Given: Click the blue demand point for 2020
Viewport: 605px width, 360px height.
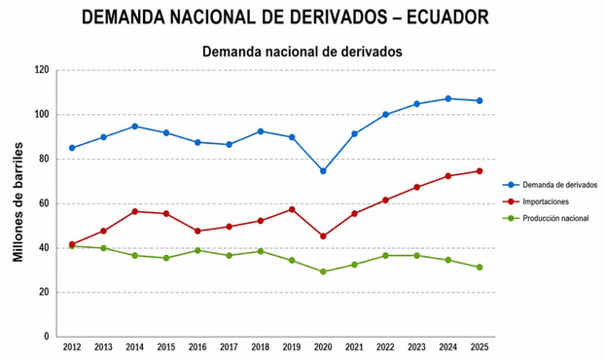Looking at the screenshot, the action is pos(323,171).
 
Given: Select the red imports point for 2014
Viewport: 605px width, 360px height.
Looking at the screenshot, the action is pos(135,211).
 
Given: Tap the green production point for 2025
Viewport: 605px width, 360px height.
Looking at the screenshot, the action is pos(480,267).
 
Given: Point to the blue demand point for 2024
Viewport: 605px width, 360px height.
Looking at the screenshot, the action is pos(448,99).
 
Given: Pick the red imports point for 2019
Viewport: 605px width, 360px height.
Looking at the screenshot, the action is pos(292,209).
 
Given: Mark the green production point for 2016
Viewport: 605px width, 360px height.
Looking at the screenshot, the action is pos(197,250).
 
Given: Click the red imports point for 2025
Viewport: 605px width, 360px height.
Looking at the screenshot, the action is pos(480,171).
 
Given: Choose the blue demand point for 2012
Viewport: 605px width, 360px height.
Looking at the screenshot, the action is pos(72,148).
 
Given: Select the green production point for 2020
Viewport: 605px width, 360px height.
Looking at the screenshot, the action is pos(323,271).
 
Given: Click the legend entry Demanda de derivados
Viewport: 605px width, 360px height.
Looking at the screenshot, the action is pos(550,185).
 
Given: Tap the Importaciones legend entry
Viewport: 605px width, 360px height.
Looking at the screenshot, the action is pos(536,201).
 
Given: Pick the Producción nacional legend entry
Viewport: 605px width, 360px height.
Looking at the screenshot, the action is pos(546,218).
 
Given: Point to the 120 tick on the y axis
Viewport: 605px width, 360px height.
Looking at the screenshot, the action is pos(43,70).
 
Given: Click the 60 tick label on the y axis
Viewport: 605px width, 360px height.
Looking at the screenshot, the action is pos(45,203).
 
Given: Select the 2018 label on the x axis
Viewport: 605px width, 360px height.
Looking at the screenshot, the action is pos(261,347).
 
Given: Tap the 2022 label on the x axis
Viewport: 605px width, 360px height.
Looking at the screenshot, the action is pos(385,347).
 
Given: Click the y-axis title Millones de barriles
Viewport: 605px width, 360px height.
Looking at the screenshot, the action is pos(18,202).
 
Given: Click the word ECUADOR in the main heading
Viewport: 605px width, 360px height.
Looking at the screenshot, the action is pos(448,17).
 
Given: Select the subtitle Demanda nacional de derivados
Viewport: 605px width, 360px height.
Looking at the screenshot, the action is pos(302,52).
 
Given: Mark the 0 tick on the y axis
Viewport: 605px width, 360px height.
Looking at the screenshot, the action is pos(47,337).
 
